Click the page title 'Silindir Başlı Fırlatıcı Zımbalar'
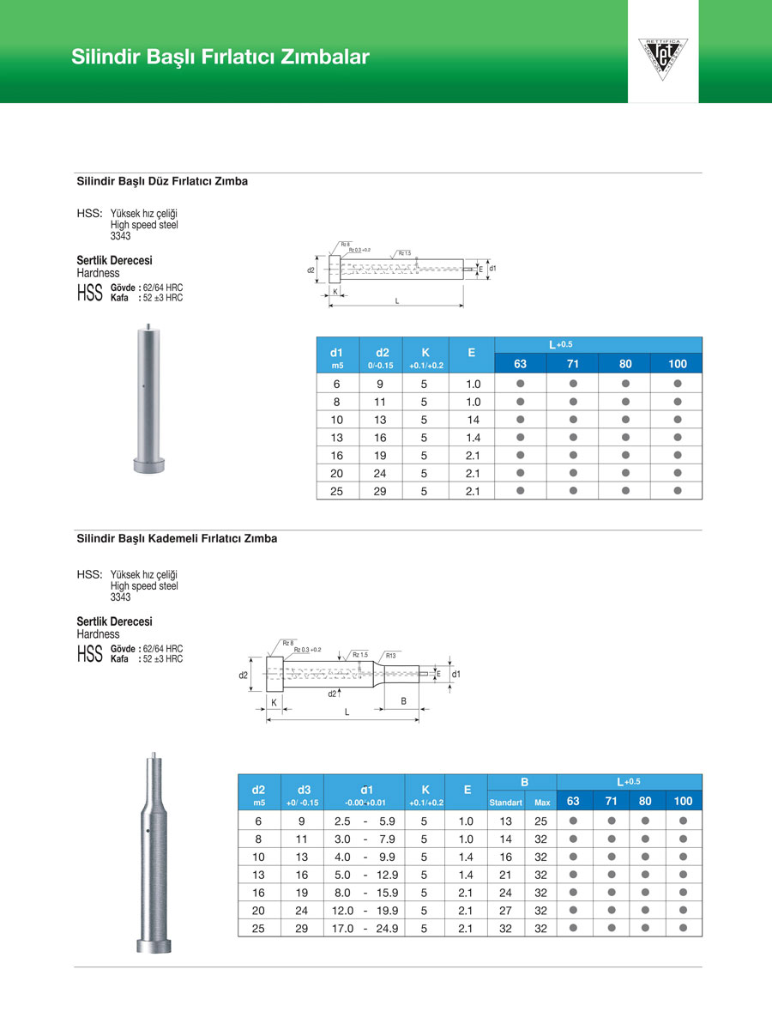pos(220,58)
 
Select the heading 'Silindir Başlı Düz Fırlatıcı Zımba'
pos(162,182)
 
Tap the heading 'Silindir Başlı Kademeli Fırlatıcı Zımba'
pos(177,539)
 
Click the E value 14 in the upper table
pos(473,420)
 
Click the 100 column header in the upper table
pos(677,364)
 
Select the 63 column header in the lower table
pos(574,802)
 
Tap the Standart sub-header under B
pos(505,803)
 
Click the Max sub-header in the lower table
pos(541,803)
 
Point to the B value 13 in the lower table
pos(505,821)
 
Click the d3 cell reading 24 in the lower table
pos(302,911)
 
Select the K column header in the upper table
pos(425,352)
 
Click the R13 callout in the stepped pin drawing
pos(390,656)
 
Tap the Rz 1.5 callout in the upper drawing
pos(404,253)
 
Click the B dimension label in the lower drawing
pos(403,701)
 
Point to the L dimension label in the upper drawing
pos(397,301)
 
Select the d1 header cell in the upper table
pos(337,352)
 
